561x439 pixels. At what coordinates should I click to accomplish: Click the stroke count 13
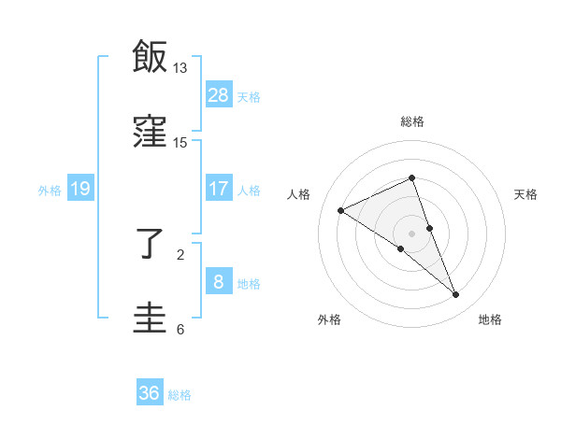click(180, 68)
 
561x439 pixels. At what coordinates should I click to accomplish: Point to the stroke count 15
click(180, 142)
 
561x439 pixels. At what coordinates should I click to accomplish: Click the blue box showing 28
click(219, 95)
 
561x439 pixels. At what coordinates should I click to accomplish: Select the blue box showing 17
click(219, 189)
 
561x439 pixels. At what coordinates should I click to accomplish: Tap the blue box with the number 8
click(219, 282)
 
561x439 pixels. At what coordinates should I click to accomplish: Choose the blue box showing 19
click(80, 189)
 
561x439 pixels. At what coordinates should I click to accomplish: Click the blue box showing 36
click(150, 393)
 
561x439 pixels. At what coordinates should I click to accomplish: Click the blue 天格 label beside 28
click(249, 96)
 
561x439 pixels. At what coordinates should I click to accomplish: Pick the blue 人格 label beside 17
click(249, 190)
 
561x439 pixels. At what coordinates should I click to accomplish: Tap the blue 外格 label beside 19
click(50, 190)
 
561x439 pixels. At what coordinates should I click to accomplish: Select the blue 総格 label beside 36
click(180, 394)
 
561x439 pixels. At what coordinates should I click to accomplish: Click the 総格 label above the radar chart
click(412, 121)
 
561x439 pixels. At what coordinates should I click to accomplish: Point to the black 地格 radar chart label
click(490, 319)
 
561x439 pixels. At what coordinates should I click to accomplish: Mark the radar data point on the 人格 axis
click(341, 210)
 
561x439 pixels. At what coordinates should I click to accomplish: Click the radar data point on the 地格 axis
click(456, 295)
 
